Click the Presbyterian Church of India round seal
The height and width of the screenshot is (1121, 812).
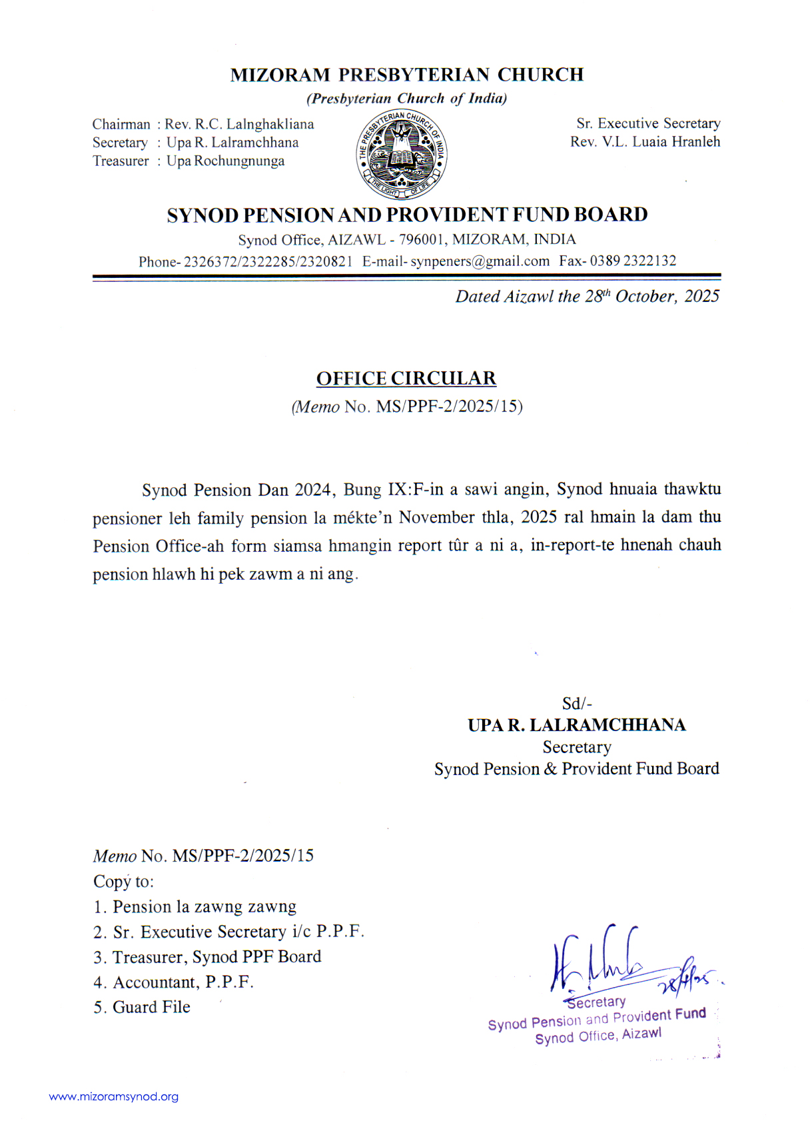point(402,155)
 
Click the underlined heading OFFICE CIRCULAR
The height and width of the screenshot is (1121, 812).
point(406,379)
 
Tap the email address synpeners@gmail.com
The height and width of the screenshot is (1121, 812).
point(480,261)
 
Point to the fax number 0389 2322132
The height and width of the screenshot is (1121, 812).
point(633,261)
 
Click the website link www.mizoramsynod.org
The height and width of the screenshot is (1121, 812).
point(114,1096)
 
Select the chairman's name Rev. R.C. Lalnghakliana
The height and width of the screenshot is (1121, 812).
point(239,124)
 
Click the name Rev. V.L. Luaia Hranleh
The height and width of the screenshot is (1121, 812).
point(645,141)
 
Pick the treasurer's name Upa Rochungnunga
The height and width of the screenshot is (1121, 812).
point(225,161)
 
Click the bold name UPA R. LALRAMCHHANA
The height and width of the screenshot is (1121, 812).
point(576,725)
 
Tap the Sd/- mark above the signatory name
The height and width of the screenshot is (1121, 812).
point(577,704)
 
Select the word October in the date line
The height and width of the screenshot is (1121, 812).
point(645,297)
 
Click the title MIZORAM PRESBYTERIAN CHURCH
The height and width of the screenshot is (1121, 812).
point(406,75)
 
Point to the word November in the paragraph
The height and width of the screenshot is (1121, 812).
point(436,518)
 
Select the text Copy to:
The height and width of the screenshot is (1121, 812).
point(123,882)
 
